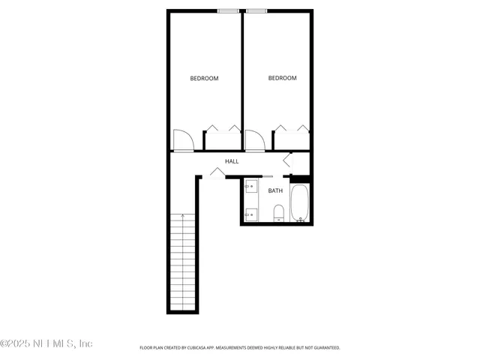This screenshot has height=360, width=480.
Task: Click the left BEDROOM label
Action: (204, 79)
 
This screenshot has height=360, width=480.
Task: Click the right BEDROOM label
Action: (283, 78)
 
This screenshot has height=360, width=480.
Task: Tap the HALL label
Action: (232, 161)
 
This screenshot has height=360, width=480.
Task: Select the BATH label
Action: (275, 191)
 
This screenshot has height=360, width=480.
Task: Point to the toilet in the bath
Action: (278, 213)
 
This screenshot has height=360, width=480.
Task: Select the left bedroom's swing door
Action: (183, 140)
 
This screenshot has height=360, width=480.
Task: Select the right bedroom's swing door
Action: (254, 140)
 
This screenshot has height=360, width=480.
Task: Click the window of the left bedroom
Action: (228, 10)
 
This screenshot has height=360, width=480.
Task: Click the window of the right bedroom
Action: (257, 10)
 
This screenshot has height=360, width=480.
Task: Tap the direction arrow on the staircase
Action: (184, 217)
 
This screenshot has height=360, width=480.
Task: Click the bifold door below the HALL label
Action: (217, 174)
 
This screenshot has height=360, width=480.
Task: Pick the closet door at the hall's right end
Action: (287, 160)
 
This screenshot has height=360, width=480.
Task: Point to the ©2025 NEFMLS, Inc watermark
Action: (46, 343)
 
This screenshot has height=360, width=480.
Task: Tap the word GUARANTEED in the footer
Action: (325, 348)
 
